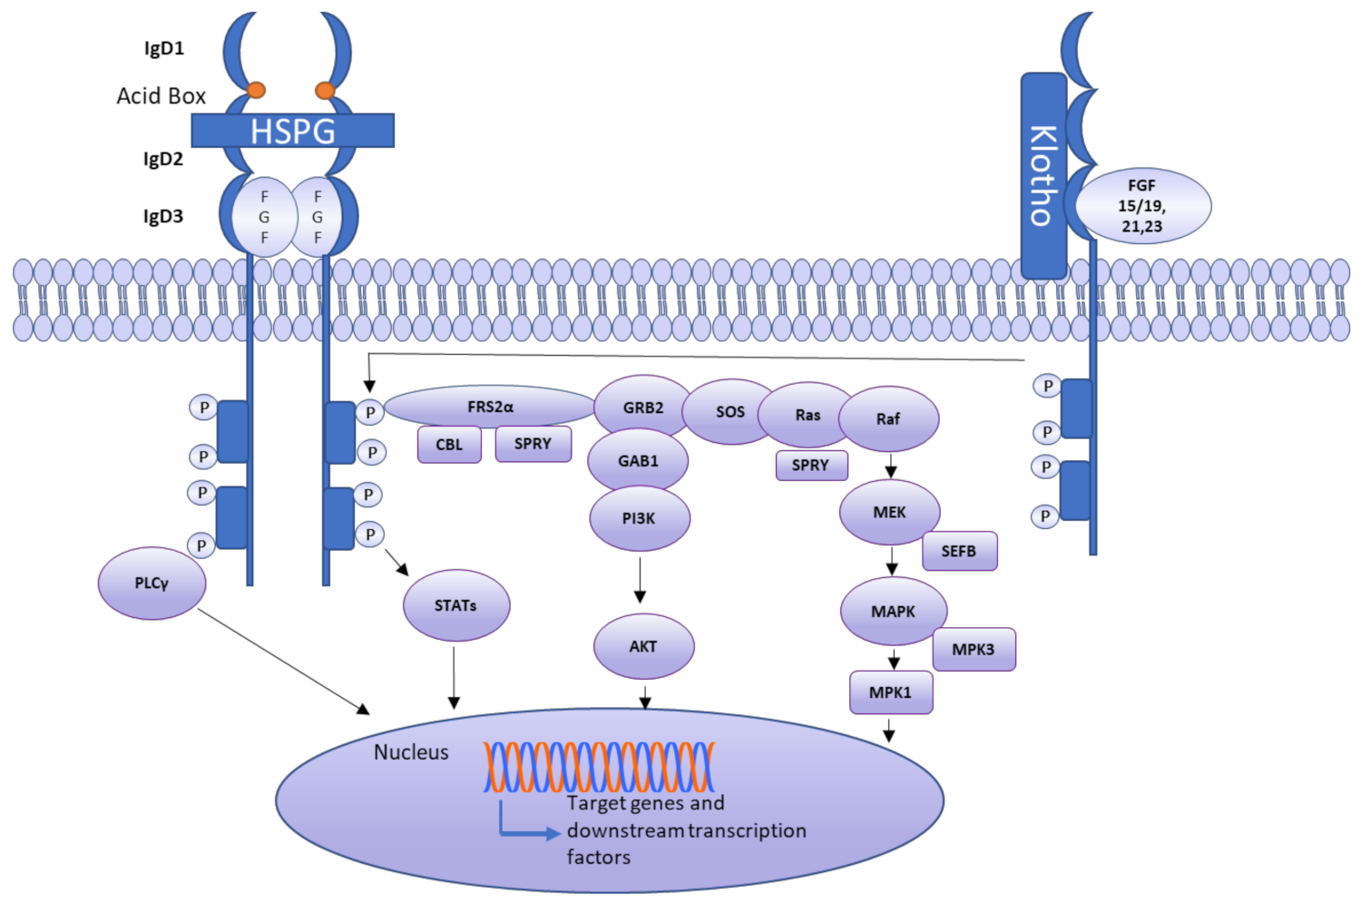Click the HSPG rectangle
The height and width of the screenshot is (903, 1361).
tap(292, 131)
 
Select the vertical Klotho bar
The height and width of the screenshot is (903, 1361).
tap(1043, 176)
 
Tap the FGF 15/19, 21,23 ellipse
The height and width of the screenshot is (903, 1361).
tap(1142, 206)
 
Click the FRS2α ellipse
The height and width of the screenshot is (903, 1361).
tap(490, 407)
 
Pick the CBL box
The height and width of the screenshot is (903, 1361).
tap(449, 445)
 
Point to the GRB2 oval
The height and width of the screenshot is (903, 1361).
tap(642, 407)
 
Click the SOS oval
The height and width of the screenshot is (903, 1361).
tap(729, 412)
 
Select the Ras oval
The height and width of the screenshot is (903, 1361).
tap(807, 415)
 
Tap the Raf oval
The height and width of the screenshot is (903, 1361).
tap(887, 418)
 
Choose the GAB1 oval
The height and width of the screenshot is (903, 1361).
tap(638, 461)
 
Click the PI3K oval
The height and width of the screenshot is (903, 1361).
tap(639, 518)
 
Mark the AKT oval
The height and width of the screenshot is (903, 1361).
tap(643, 646)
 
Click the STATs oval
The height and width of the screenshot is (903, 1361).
tap(455, 605)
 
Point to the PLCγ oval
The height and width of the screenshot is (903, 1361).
tap(152, 583)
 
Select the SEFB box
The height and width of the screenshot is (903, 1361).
tap(959, 551)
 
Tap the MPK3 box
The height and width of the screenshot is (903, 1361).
tap(973, 649)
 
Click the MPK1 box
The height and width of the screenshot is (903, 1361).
tap(890, 692)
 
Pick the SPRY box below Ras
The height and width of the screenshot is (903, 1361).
tap(811, 465)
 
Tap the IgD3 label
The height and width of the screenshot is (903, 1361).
tap(163, 216)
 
